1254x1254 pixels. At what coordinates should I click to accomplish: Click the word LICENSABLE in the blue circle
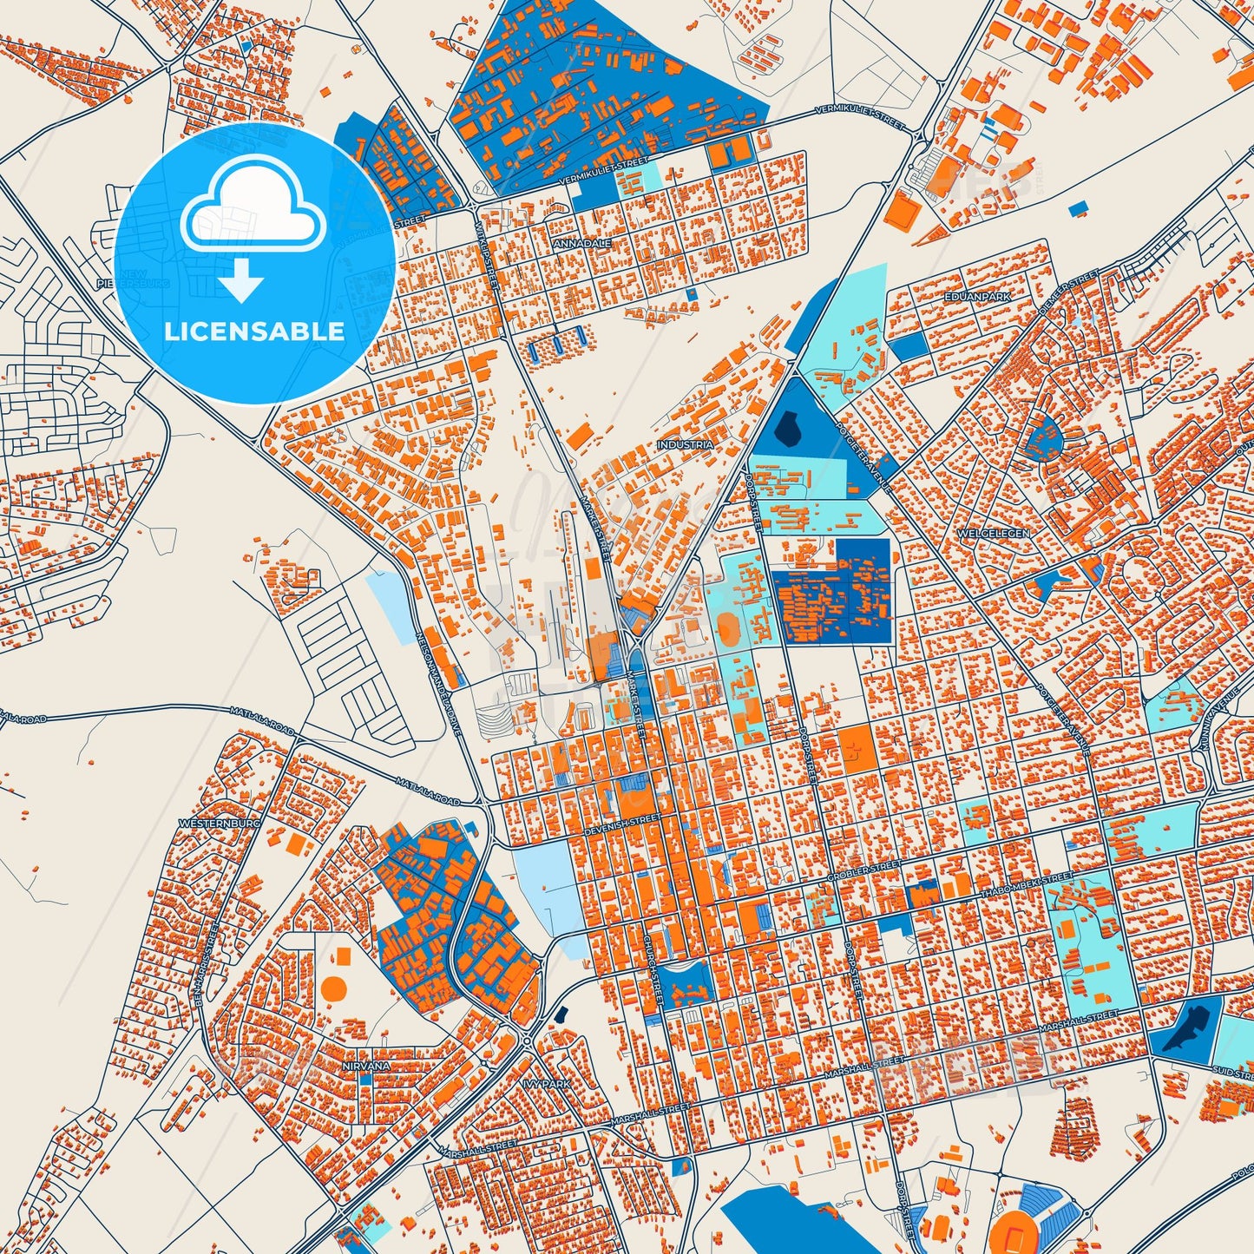tap(254, 332)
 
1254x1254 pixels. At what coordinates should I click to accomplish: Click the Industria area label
tap(686, 444)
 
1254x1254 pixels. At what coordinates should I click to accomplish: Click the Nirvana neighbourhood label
tap(365, 1064)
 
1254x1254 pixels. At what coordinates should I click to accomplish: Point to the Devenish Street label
tap(624, 819)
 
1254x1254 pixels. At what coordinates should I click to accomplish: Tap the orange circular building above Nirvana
tap(332, 988)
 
